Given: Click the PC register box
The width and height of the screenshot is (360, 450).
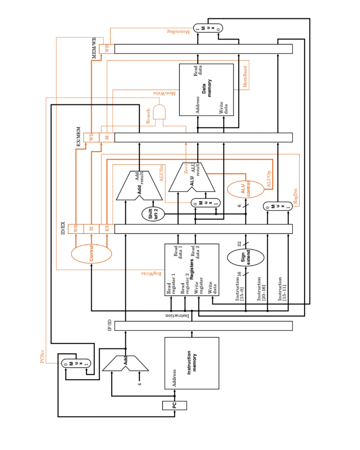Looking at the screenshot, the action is point(175,405).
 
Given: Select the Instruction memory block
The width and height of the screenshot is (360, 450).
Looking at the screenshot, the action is point(192,363).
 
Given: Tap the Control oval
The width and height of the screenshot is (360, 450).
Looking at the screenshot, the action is point(91,254).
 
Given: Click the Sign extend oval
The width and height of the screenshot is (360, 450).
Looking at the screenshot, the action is point(245,258).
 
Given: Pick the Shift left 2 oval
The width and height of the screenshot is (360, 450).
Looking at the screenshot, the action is point(153,214).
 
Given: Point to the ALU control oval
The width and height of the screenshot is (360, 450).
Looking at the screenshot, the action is point(245,189).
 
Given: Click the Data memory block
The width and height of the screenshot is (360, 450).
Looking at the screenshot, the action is point(207,90).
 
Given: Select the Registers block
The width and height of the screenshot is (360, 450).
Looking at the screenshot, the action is point(192,270).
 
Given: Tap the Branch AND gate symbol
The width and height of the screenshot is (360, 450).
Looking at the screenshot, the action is point(159,112).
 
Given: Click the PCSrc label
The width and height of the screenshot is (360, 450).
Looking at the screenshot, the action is point(43,356).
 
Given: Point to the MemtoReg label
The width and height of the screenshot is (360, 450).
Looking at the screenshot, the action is point(178,31).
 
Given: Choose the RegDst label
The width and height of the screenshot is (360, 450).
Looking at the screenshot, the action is point(295,196).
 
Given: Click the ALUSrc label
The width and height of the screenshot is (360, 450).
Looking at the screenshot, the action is point(162,173).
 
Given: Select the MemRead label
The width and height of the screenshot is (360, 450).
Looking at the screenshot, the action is point(245,76).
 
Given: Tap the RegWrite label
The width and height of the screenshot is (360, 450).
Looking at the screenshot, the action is point(151,273).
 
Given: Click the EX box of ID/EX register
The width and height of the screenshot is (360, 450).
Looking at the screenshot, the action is point(107,229).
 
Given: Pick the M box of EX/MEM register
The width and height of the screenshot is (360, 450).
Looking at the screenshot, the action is point(107,138).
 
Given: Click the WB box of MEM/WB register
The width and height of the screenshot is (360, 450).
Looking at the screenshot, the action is point(107,49).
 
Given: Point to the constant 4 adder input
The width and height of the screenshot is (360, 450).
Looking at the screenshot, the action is point(139,384).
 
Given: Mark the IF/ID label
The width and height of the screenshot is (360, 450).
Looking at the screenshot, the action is point(109,325).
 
